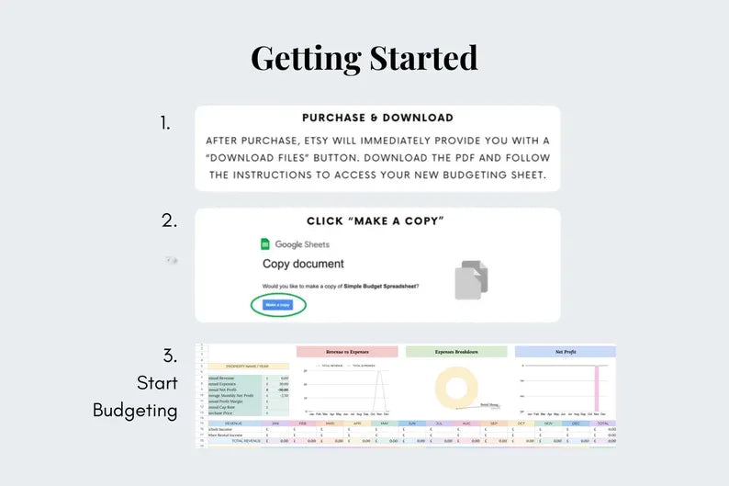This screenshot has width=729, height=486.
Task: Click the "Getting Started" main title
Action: (x=364, y=58)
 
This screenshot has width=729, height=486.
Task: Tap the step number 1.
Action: (x=165, y=123)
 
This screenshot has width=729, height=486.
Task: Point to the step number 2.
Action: (x=169, y=220)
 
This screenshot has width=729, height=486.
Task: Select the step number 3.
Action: (x=169, y=356)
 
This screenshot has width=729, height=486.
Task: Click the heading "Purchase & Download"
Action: (x=377, y=119)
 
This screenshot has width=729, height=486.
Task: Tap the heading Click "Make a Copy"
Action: (x=376, y=221)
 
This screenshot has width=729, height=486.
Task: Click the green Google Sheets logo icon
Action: (x=265, y=244)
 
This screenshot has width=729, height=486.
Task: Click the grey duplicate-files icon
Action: (x=471, y=279)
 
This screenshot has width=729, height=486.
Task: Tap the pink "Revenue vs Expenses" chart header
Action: (x=347, y=352)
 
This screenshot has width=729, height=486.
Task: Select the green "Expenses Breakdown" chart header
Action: (x=456, y=352)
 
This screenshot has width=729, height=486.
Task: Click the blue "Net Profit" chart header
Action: (x=565, y=352)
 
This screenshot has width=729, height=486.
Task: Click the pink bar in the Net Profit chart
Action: (x=596, y=389)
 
